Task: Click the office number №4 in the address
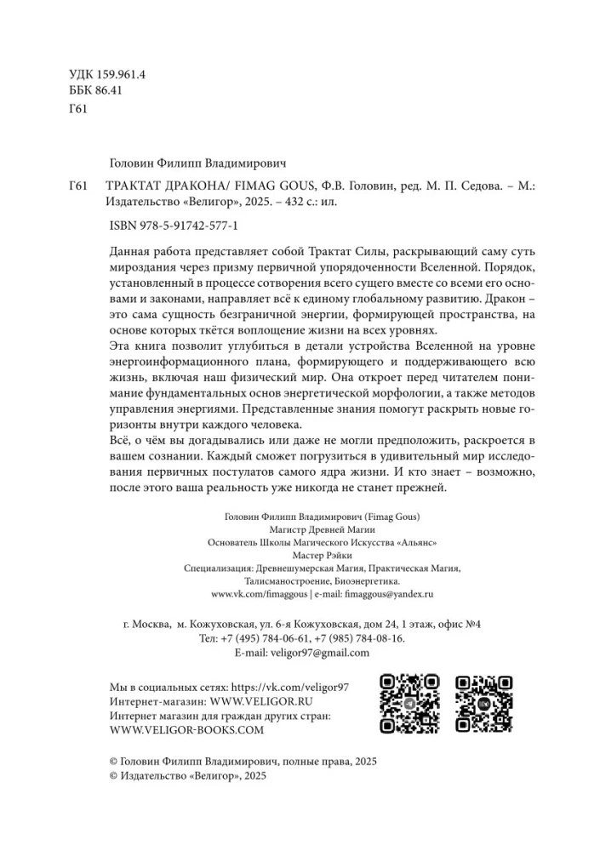coord(472,624)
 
